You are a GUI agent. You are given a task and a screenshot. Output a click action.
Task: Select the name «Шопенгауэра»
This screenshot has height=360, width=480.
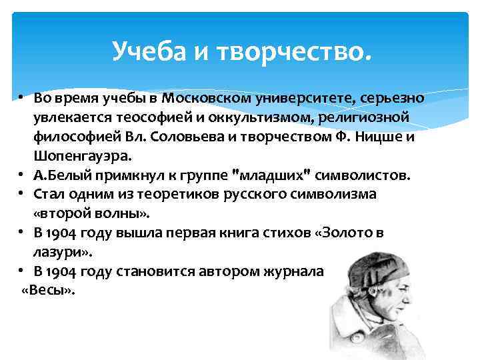(74, 157)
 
